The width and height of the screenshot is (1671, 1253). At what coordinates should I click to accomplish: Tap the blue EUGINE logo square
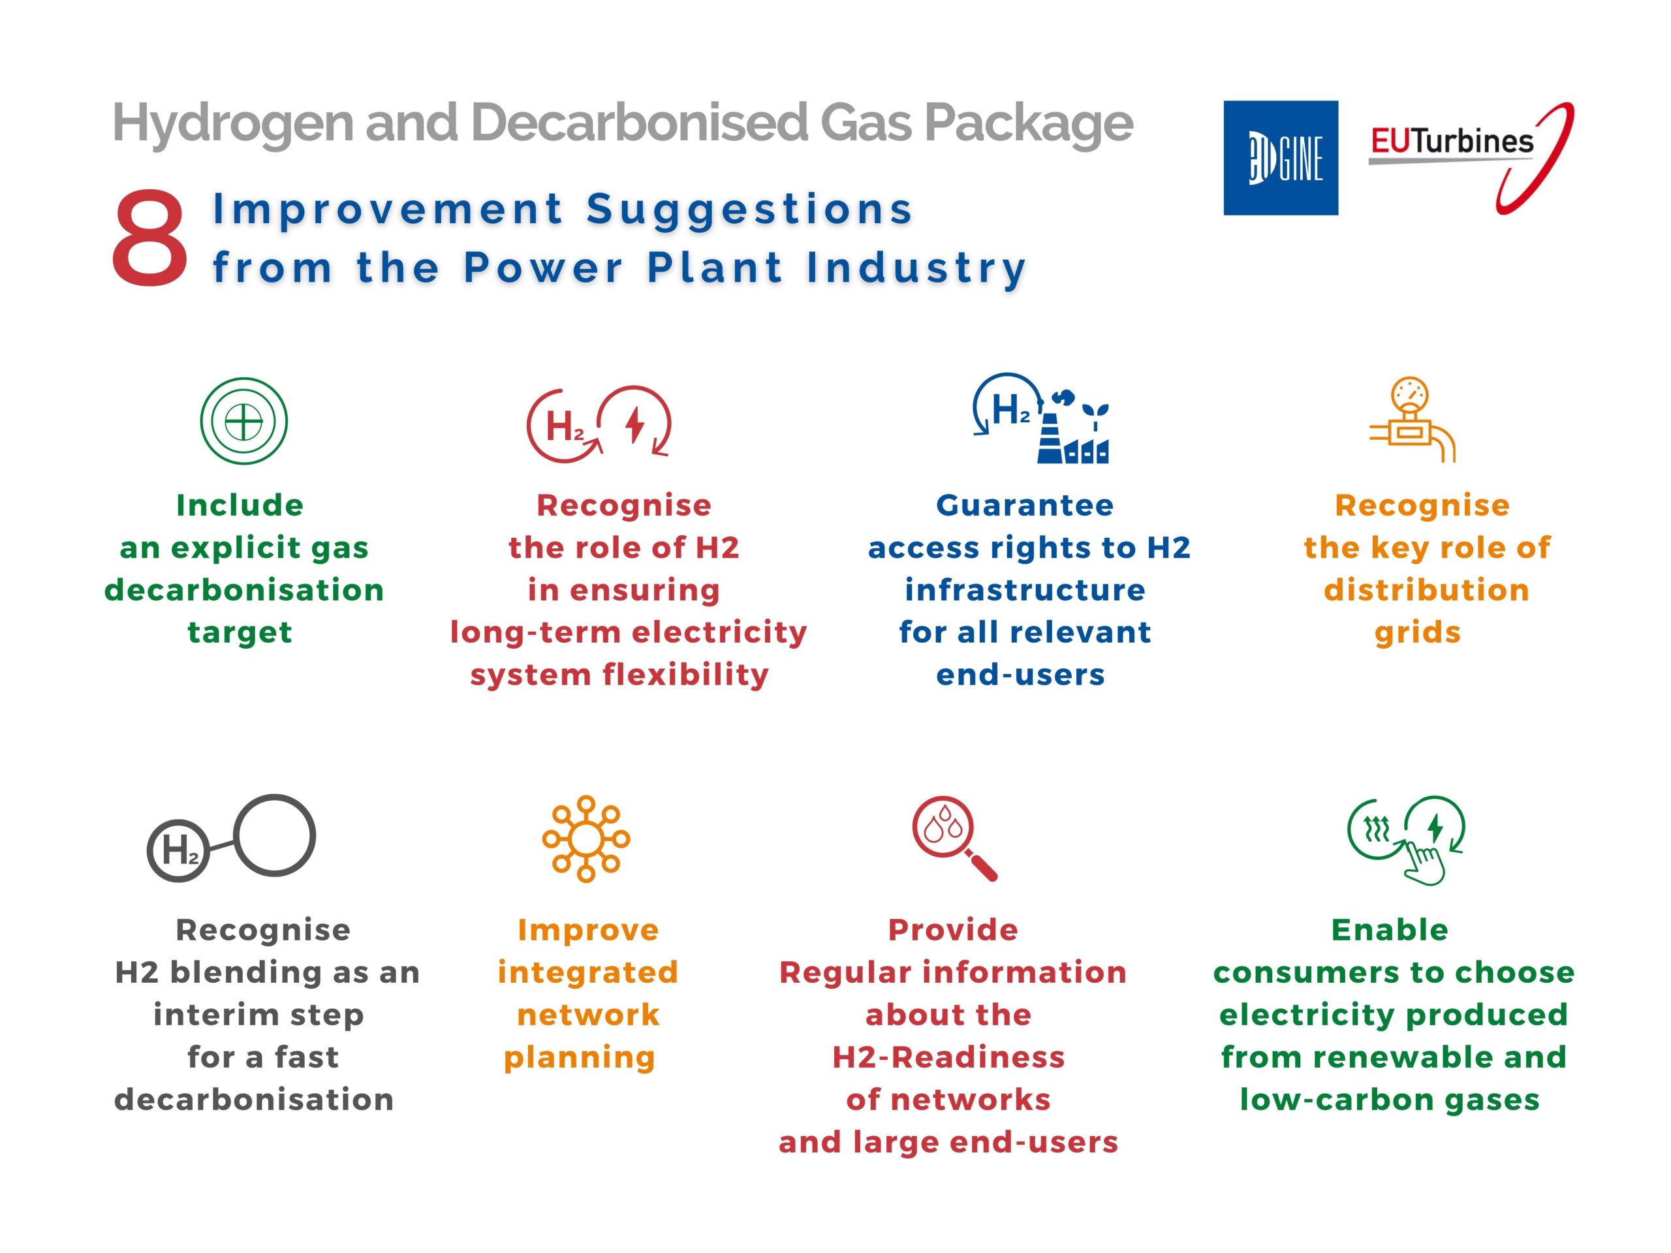coord(1281,158)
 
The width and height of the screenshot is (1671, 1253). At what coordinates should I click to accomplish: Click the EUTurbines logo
coord(1471,158)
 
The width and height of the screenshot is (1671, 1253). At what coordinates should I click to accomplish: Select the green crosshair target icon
coord(244,421)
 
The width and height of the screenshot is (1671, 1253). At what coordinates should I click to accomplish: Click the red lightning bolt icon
coord(635,424)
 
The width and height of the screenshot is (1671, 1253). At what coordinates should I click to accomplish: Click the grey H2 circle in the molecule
coord(178,850)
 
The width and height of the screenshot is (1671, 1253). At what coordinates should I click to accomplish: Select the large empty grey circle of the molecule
coord(274,835)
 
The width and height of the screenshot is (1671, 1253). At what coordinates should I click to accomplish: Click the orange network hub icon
coord(586,839)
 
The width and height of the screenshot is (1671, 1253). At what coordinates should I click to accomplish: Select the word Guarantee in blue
coord(1025,505)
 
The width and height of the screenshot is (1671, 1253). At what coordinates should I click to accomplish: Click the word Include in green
coord(240,505)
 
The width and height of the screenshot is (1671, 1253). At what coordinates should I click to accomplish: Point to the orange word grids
coord(1418,633)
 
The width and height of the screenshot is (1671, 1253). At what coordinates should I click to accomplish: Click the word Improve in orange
coord(589,931)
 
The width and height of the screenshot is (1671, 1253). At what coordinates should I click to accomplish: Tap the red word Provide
coord(954,930)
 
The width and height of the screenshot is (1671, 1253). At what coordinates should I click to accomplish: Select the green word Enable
coord(1390,930)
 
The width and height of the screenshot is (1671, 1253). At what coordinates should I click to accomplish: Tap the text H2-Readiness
coord(949,1057)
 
